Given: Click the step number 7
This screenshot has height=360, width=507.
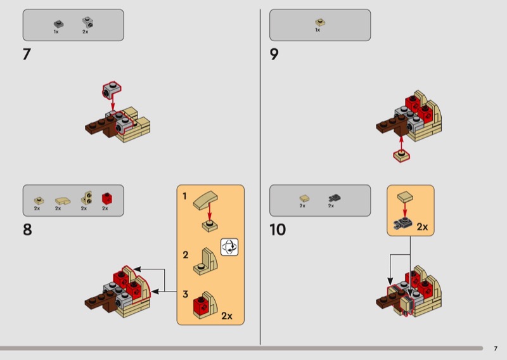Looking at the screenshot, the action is click(27, 54).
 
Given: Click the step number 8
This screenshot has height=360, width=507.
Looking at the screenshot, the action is click(27, 229).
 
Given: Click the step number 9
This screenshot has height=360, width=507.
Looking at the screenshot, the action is click(274, 54).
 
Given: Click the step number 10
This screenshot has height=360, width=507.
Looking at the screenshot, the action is click(278, 229).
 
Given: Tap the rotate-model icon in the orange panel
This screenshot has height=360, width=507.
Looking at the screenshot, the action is click(229, 247).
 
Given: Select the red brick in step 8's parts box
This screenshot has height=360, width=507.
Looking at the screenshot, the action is click(107, 198).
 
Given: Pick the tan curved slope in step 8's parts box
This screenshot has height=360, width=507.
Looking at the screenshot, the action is click(63, 201).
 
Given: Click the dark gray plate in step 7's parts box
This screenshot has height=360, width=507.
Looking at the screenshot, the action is click(58, 24).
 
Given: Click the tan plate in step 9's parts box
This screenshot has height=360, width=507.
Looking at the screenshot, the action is click(320, 22).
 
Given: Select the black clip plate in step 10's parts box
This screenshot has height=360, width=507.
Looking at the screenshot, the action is click(335, 198).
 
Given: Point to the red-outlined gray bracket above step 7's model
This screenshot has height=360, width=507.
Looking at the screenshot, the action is click(112, 91).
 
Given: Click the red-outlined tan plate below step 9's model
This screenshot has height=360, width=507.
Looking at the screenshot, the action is click(401, 155).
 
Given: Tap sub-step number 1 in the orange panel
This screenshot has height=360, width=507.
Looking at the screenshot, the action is click(184, 196).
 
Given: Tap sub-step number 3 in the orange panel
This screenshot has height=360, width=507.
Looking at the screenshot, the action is click(185, 294).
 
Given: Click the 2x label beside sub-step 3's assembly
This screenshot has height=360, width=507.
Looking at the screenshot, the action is click(227, 316).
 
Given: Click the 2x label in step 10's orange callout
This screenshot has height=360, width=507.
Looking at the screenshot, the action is click(422, 227).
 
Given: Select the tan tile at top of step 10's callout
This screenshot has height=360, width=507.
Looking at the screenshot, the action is click(405, 196).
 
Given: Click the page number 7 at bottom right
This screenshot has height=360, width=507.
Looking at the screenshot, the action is click(496, 349).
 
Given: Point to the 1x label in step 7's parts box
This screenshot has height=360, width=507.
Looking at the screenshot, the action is click(56, 32).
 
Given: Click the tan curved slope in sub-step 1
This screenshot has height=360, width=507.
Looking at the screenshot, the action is click(205, 199).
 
